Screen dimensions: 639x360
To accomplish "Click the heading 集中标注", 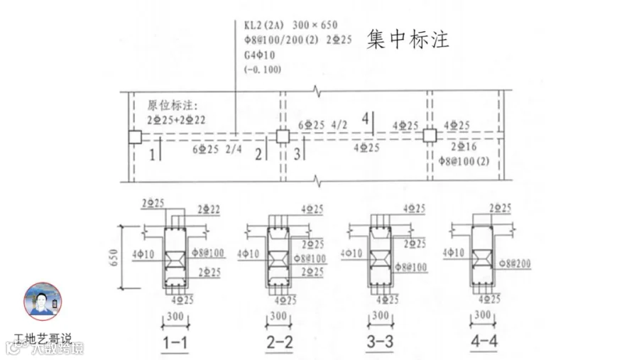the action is pyautogui.click(x=408, y=39).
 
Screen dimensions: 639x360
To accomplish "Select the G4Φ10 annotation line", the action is pyautogui.click(x=259, y=55).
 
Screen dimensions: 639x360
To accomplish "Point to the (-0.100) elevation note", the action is pyautogui.click(x=262, y=70).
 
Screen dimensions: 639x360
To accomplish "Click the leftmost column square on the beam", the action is pyautogui.click(x=134, y=137).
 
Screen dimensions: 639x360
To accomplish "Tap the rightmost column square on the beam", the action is pyautogui.click(x=429, y=136).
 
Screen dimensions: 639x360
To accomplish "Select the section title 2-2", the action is pyautogui.click(x=279, y=342).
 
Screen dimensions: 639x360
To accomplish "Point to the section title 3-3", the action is pyautogui.click(x=381, y=342).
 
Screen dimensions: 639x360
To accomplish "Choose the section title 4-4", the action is pyautogui.click(x=484, y=342).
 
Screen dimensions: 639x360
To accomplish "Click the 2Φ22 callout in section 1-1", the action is pyautogui.click(x=209, y=209).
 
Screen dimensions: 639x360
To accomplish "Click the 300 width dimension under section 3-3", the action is pyautogui.click(x=381, y=315).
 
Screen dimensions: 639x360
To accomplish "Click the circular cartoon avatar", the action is pyautogui.click(x=43, y=301).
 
